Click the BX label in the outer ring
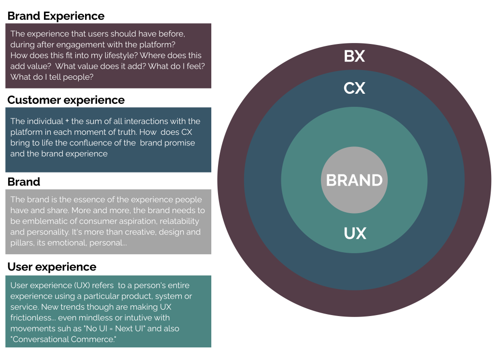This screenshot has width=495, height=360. coord(354,57)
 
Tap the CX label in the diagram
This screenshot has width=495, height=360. coord(354,88)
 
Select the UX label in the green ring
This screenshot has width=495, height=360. coord(354,234)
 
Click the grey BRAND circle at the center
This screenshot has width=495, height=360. coord(354,180)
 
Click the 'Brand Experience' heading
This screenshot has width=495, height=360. coord(56,16)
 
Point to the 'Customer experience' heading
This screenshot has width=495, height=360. coord(66,100)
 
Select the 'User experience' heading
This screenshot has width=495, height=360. coord(52,267)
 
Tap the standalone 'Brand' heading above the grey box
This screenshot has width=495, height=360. coord(24,182)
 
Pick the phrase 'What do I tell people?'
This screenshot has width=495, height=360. coord(52,77)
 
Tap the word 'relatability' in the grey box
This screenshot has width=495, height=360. coord(176,221)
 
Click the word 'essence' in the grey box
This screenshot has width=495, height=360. coord(80,200)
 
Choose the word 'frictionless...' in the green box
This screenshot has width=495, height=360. coord(36,318)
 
